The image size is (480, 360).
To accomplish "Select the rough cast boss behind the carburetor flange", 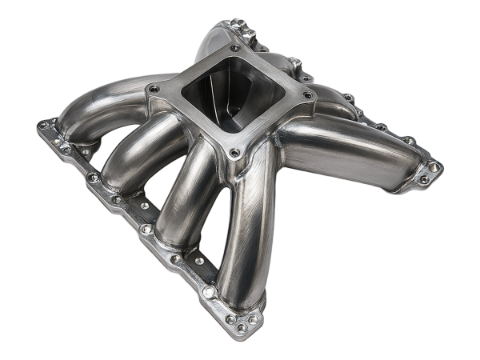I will click(x=248, y=36).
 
